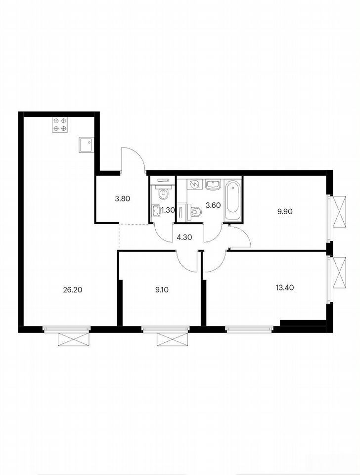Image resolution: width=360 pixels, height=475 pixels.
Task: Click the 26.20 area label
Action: click(x=72, y=290)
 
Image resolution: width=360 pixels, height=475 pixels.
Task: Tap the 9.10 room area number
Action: click(x=162, y=290)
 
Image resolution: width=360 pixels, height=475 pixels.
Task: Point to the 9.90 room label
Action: click(x=285, y=211)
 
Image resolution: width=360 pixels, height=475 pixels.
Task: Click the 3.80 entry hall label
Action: click(x=123, y=199)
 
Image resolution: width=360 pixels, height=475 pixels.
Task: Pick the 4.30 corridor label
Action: click(x=184, y=237)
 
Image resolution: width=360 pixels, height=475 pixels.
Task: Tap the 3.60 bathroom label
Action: click(x=213, y=205)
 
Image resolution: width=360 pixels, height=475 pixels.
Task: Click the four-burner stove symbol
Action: click(x=60, y=125)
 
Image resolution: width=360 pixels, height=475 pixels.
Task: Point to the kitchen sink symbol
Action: click(x=86, y=144)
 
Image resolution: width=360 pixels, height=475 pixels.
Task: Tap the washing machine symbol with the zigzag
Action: click(x=194, y=184)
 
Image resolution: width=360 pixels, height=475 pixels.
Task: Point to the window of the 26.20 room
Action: click(x=67, y=329)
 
